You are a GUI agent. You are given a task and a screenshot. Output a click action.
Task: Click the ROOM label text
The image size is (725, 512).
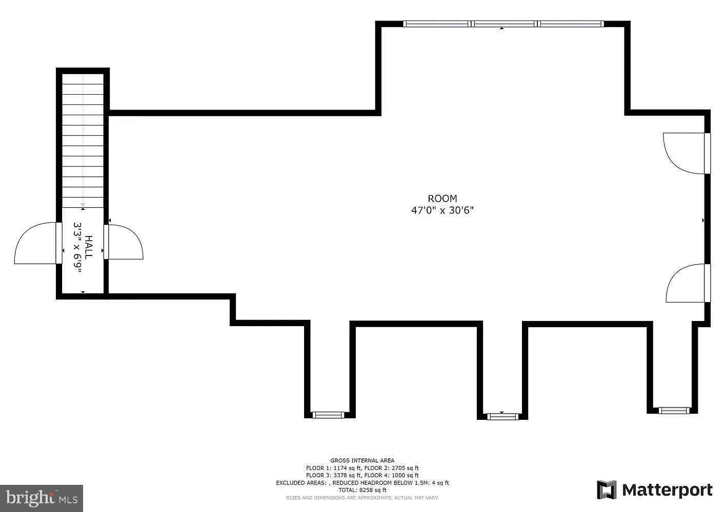[442, 198]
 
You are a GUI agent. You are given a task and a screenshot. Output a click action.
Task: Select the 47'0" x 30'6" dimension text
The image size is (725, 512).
[442, 210]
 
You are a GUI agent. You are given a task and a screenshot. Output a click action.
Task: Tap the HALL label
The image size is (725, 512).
[89, 247]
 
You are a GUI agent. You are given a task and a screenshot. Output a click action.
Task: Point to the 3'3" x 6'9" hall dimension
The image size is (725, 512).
[77, 247]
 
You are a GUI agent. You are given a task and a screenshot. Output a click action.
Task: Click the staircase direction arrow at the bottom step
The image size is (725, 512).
[83, 205]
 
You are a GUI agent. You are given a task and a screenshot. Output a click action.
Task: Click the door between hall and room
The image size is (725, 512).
[123, 242]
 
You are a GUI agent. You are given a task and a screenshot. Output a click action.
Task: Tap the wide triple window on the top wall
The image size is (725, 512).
[503, 24]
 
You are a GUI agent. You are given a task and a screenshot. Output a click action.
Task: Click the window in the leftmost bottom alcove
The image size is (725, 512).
[328, 415]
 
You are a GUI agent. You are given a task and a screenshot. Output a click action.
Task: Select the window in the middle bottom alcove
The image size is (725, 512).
[502, 417]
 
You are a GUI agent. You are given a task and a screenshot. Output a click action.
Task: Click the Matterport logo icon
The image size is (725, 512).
[607, 489]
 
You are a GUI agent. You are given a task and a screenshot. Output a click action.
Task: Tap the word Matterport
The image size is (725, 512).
[667, 490]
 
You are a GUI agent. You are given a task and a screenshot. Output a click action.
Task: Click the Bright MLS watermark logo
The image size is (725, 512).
[41, 498]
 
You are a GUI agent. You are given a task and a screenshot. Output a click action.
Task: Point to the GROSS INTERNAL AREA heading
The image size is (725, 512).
[362, 460]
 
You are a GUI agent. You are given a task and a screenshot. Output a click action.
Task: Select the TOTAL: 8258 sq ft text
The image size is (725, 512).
[362, 490]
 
